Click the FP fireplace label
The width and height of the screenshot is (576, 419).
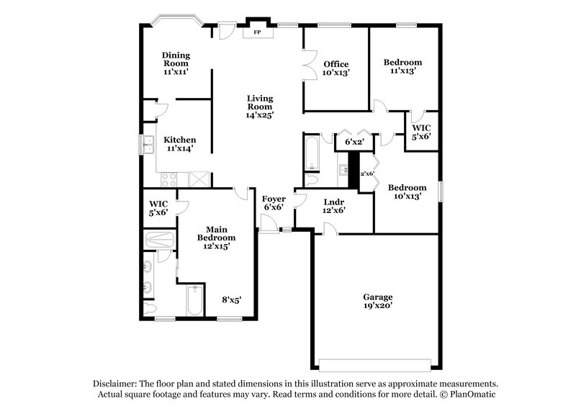coord(256,32)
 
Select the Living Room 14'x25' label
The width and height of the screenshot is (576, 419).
coord(260,106)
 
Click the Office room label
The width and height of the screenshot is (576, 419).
coord(336,68)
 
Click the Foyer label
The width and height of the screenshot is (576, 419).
coord(273,203)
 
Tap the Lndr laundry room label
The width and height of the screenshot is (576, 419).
coord(333,206)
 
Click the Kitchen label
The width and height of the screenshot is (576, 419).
coord(179,144)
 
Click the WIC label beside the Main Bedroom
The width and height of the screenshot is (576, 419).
coord(158,207)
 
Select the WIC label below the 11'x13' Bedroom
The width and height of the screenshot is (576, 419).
coord(420,132)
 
